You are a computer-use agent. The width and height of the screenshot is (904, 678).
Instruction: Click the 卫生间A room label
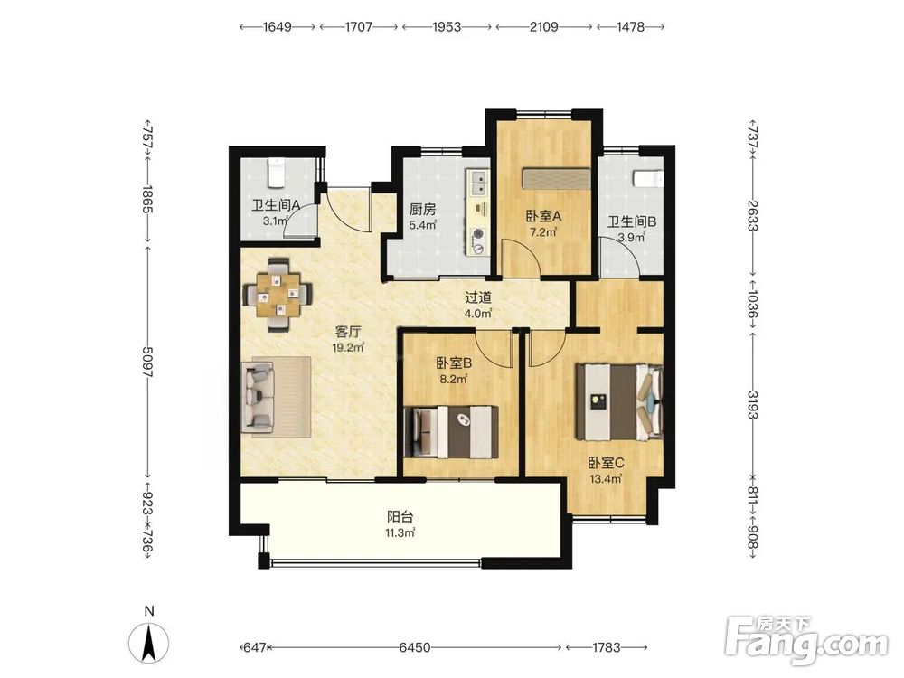(276, 205)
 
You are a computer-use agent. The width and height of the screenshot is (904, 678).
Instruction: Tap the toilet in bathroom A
(275, 174)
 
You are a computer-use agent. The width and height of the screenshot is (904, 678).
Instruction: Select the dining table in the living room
(279, 295)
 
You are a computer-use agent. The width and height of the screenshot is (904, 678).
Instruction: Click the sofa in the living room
(258, 397)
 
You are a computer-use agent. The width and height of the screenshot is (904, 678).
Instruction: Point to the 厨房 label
(422, 210)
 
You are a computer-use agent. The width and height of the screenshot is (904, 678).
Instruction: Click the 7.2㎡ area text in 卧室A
(543, 232)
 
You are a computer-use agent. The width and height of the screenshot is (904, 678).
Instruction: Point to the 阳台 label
(400, 516)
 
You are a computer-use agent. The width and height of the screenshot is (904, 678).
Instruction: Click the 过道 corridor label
(478, 297)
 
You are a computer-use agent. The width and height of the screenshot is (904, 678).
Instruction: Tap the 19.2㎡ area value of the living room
(348, 347)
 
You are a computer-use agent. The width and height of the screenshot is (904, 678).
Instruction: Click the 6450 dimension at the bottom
(415, 647)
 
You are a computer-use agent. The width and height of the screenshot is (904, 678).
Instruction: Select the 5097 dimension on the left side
(147, 363)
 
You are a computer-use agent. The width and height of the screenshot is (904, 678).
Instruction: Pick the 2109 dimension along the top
(543, 26)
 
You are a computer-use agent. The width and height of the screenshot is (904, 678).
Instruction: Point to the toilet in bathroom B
(648, 179)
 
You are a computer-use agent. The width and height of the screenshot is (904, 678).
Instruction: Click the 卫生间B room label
(632, 221)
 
